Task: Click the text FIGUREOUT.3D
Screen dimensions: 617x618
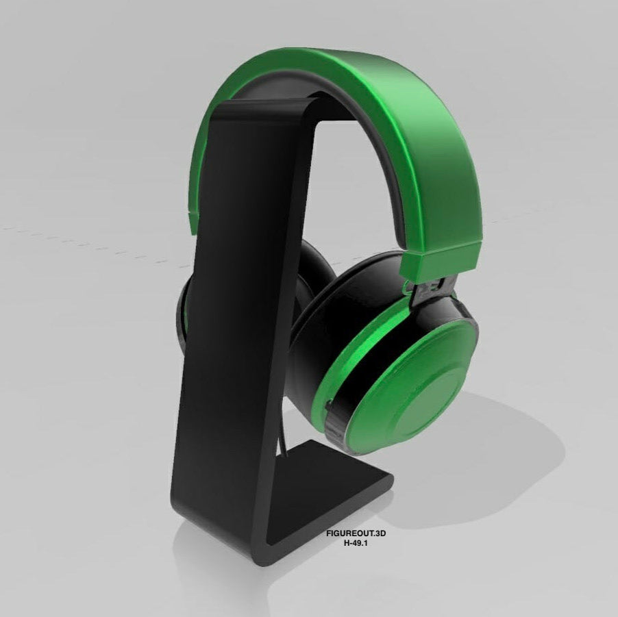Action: [356, 531]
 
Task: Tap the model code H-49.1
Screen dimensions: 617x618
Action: [356, 542]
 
